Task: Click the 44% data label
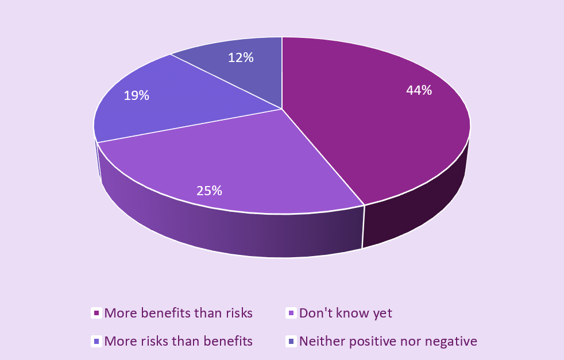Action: [419, 90]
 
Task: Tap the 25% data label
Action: [209, 191]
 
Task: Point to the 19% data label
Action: [137, 95]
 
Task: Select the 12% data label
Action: [241, 57]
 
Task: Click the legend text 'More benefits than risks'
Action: [179, 313]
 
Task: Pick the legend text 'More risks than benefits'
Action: [179, 341]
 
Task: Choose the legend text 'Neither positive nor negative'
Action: [388, 341]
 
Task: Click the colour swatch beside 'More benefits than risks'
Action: [96, 313]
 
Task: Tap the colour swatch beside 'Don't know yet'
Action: [291, 313]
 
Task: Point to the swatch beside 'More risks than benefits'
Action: [96, 342]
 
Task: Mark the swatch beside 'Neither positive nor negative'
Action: [291, 342]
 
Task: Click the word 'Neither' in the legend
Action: [320, 341]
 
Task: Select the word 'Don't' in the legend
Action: [315, 313]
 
